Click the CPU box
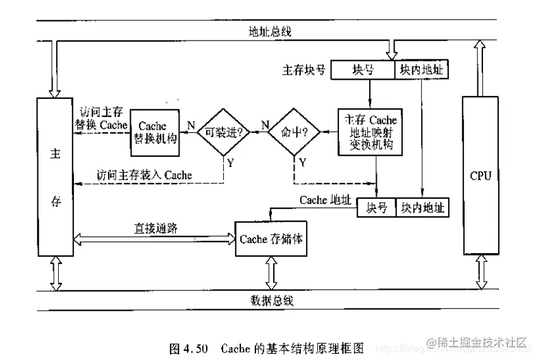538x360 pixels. pyautogui.click(x=480, y=175)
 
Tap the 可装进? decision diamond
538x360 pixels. pyautogui.click(x=226, y=132)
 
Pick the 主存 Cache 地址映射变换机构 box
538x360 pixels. pyautogui.click(x=370, y=132)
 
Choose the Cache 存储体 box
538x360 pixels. pyautogui.click(x=271, y=239)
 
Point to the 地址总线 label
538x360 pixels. pyautogui.click(x=271, y=31)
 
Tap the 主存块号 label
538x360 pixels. pyautogui.click(x=304, y=70)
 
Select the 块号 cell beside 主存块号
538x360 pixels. pyautogui.click(x=364, y=70)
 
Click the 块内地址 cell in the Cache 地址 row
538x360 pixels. pyautogui.click(x=422, y=208)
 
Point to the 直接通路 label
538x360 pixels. pyautogui.click(x=154, y=227)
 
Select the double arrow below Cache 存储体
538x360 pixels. pyautogui.click(x=272, y=273)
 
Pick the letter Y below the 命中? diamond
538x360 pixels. pyautogui.click(x=302, y=163)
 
